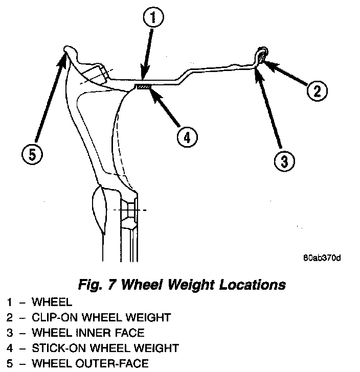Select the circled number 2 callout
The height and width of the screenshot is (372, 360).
coord(317,91)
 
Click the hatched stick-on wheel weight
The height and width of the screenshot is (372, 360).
coord(143,87)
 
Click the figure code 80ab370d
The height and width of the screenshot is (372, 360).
coord(322,257)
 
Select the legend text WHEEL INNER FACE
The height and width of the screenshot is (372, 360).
coord(88,333)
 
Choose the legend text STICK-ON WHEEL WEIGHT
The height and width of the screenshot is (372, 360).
coord(105,348)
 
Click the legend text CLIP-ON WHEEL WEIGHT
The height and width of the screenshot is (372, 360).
coord(101,317)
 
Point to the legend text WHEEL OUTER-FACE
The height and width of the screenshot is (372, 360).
coord(90,363)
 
